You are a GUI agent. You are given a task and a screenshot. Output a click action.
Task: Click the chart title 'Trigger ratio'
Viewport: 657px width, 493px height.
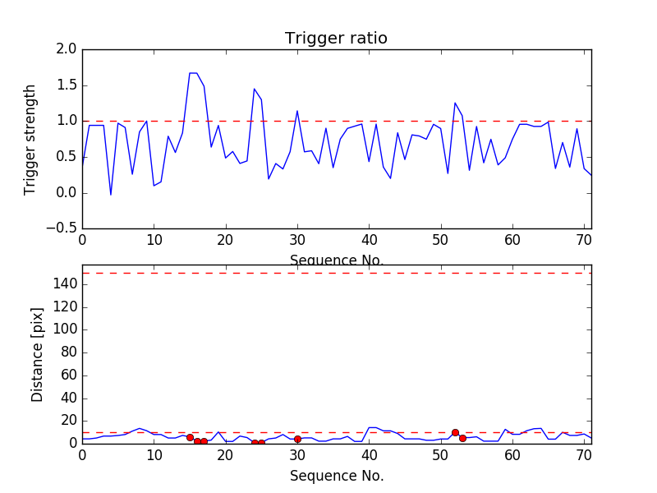pos(336,39)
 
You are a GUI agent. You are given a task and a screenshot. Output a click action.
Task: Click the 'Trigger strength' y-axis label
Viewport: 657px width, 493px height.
pos(30,139)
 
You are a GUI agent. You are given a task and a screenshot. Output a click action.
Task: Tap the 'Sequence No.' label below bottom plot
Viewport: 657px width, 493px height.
pos(337,476)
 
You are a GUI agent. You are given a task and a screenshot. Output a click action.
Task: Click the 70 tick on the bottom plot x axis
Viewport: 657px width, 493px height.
pos(584,454)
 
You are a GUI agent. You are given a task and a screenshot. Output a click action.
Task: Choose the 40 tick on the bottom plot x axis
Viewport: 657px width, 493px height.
pos(369,454)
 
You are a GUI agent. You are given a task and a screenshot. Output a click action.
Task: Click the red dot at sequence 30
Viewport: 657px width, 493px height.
pos(297,439)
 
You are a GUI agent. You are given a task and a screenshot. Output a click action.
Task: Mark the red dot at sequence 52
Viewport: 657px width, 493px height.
pos(455,432)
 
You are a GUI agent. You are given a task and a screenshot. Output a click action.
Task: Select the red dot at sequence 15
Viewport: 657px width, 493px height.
pos(190,437)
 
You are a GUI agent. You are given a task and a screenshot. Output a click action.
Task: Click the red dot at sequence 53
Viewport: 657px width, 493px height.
pos(462,438)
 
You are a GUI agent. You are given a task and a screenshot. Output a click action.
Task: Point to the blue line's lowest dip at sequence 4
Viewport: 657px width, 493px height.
pos(111,195)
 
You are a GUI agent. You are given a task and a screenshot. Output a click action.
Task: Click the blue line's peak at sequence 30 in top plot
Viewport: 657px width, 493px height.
pos(297,111)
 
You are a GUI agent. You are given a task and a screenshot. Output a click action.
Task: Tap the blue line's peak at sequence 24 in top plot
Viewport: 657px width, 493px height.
pos(254,89)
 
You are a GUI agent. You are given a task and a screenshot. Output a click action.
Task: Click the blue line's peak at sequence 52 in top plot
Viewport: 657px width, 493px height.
pos(455,103)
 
